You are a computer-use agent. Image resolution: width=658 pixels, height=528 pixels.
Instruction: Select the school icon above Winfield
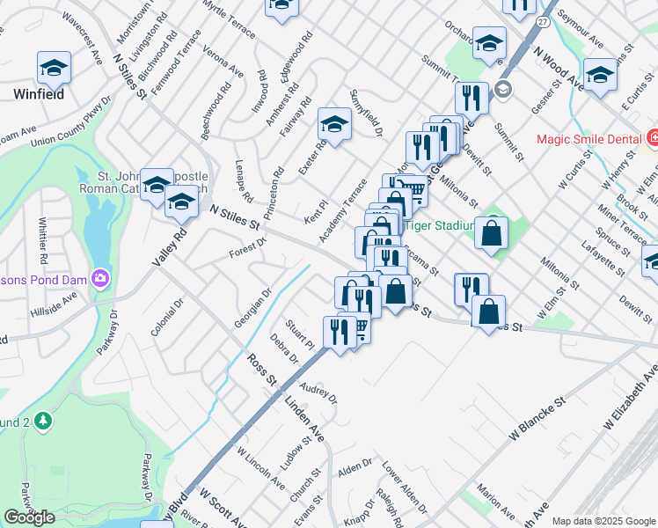[54, 67]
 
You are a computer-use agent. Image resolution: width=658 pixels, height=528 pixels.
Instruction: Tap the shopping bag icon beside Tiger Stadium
[492, 232]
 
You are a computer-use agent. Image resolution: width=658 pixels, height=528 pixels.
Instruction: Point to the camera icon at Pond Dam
[102, 278]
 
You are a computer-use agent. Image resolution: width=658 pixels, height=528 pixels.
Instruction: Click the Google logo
[29, 517]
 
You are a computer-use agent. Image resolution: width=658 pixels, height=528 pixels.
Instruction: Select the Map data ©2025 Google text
[603, 521]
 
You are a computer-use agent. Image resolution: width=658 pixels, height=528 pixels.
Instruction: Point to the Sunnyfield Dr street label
[368, 113]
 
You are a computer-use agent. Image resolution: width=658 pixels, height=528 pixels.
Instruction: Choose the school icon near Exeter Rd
[334, 124]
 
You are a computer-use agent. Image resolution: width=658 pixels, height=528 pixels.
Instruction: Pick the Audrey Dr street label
[319, 392]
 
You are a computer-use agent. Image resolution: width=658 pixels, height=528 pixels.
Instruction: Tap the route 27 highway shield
[545, 18]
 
